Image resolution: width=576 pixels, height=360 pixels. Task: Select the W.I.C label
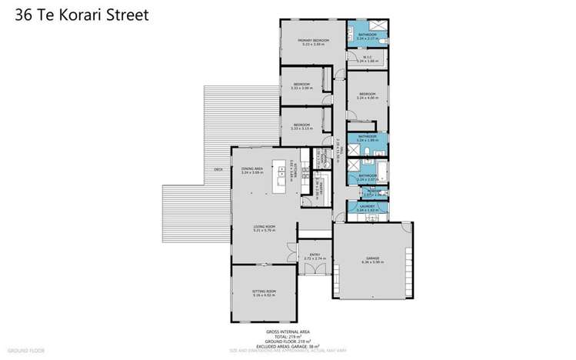click(x=367, y=55)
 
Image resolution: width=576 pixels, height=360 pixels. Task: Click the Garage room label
click(x=371, y=258)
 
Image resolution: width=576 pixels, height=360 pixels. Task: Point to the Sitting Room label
click(x=264, y=292)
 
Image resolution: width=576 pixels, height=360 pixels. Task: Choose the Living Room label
click(x=265, y=225)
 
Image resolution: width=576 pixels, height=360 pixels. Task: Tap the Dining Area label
click(x=252, y=168)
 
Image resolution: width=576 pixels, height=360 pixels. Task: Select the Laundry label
click(x=366, y=207)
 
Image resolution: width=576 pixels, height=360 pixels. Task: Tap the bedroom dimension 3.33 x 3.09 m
click(x=301, y=88)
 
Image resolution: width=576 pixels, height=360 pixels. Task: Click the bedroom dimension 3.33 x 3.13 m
click(x=301, y=128)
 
